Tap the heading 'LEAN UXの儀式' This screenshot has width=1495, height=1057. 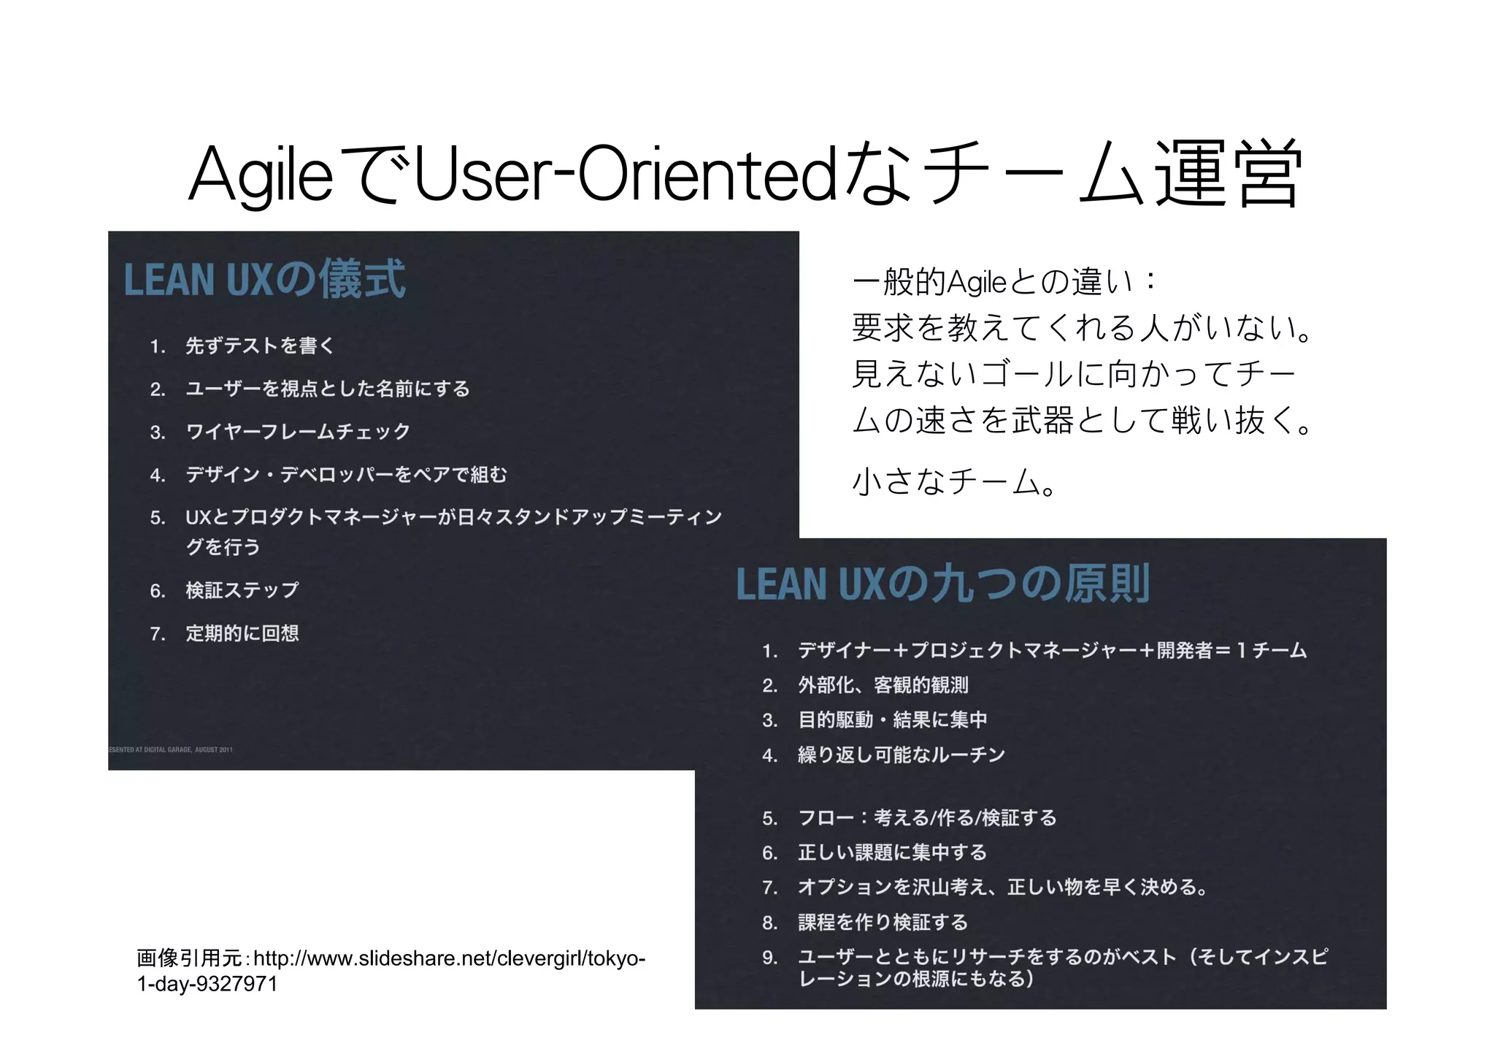click(x=264, y=279)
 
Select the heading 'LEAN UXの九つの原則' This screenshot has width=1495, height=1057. click(x=942, y=584)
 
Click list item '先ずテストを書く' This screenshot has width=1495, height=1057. click(x=260, y=346)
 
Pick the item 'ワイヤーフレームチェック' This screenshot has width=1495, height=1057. click(x=298, y=432)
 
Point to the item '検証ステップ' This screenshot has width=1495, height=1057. click(x=242, y=590)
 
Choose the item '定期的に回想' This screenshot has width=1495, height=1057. click(x=242, y=633)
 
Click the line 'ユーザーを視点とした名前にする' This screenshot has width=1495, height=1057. click(x=327, y=389)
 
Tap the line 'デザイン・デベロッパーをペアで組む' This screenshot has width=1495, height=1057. click(x=346, y=475)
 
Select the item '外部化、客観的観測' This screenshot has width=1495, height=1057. click(x=883, y=685)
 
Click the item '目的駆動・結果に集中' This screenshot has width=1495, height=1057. click(x=892, y=720)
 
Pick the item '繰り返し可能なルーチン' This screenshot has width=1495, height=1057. click(x=901, y=755)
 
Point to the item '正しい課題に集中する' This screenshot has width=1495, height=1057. click(x=892, y=852)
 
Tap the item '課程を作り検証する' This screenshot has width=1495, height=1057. click(x=883, y=923)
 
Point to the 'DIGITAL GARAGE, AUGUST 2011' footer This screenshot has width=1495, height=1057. click(x=171, y=749)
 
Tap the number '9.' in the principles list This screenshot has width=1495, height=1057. click(x=769, y=958)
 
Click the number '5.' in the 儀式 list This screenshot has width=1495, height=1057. click(x=158, y=518)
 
